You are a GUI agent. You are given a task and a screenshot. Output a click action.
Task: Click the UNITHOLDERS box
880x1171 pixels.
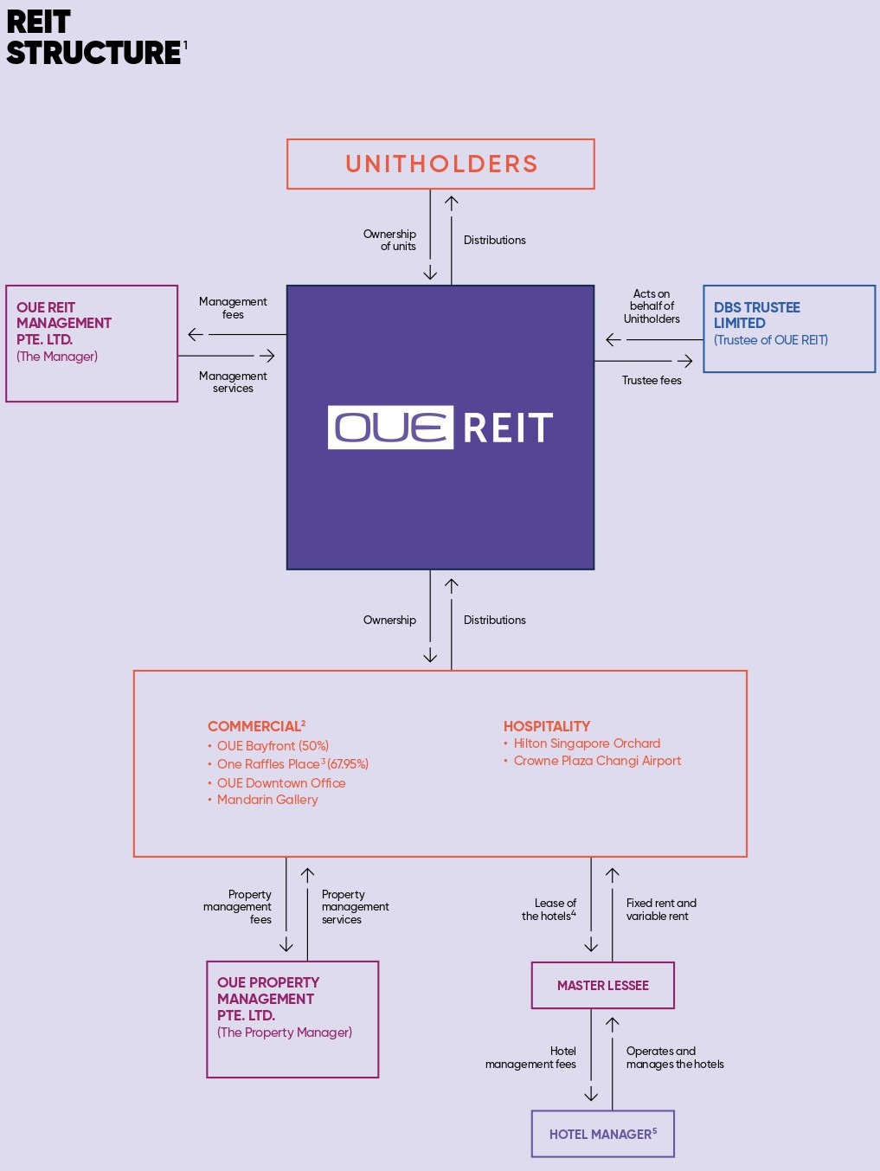click(x=440, y=164)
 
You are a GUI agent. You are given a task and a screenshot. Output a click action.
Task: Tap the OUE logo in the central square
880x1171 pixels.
click(x=390, y=428)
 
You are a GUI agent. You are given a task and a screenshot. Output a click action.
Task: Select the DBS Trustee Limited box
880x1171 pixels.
click(x=788, y=329)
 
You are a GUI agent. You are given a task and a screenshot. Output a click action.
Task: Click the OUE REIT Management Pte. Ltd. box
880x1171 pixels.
click(x=92, y=343)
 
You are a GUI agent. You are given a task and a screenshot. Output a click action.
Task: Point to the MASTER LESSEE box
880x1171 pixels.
click(x=602, y=985)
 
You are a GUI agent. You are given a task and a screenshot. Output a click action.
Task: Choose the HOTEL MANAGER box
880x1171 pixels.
click(x=602, y=1134)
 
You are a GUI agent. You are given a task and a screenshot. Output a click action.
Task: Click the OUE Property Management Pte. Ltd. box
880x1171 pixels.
click(x=292, y=1019)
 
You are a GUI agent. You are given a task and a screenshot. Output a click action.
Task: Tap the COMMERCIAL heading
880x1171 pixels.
click(x=255, y=726)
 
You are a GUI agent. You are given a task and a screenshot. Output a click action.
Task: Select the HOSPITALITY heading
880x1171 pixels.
click(x=547, y=726)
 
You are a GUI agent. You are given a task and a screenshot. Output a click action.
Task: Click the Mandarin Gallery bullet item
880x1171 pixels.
click(x=267, y=800)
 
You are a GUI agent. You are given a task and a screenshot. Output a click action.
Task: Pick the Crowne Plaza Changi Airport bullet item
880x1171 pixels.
click(x=597, y=761)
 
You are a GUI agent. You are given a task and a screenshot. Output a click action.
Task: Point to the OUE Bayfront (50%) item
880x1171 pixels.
click(x=273, y=746)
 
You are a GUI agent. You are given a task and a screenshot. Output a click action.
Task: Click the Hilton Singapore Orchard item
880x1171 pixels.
click(x=587, y=743)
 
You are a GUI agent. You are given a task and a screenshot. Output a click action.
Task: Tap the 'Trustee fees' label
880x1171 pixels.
click(x=652, y=380)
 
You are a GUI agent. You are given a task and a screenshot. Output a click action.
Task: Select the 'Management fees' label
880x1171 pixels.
click(x=233, y=308)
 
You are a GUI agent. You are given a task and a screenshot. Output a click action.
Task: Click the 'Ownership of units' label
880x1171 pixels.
click(x=391, y=240)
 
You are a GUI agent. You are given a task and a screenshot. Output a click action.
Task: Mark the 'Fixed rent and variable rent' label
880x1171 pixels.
click(x=660, y=910)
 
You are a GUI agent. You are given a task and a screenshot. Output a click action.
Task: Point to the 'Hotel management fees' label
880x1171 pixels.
click(x=532, y=1058)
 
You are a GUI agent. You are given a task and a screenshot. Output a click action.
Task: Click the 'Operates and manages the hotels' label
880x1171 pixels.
click(x=674, y=1058)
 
